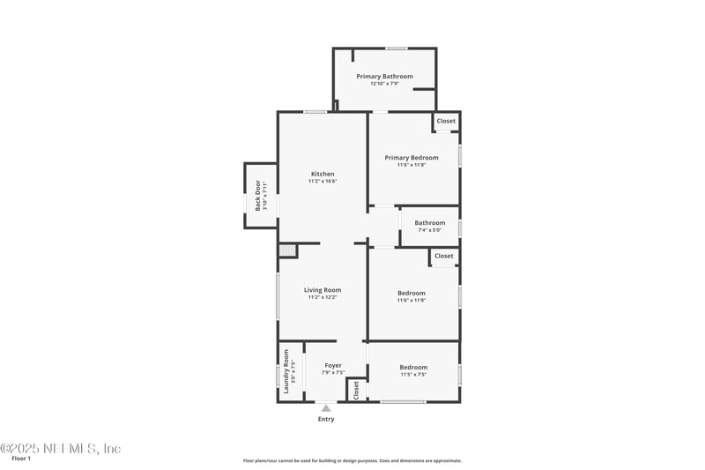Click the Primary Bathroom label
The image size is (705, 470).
pos(384,77)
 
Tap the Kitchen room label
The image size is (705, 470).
pos(323,174)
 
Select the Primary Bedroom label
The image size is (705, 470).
pos(412,158)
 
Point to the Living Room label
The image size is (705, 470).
pos(323,290)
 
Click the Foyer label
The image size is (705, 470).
pos(333,365)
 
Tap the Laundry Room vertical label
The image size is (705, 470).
pos(286,370)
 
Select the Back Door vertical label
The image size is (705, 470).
pos(258,196)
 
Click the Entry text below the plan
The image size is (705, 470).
pos(326,419)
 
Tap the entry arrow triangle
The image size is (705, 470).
pos(326,407)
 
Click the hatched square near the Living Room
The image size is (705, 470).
pos(287,251)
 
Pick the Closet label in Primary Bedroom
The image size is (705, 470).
pos(446,121)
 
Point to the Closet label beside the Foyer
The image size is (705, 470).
pos(356,390)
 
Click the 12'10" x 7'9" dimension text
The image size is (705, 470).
pos(384,84)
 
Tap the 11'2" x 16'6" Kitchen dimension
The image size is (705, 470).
pos(323,182)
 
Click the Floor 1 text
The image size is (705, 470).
pos(21,459)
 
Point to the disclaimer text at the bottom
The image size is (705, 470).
pos(352,460)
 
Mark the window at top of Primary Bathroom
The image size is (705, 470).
pos(397,48)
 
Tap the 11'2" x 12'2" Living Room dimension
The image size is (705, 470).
pos(323,298)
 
